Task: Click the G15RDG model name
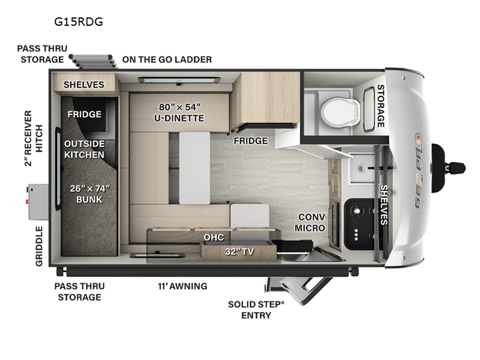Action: click(79, 22)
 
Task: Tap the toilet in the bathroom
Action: click(340, 112)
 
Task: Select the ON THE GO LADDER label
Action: click(167, 59)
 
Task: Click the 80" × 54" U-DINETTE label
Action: click(179, 112)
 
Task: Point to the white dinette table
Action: click(194, 168)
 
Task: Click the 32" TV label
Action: click(239, 251)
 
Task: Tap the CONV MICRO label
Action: click(310, 223)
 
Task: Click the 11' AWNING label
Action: click(182, 286)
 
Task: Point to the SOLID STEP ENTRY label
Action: click(256, 310)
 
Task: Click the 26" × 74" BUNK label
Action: click(89, 194)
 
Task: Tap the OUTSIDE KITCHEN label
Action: click(85, 149)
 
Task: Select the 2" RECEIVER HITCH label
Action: click(34, 139)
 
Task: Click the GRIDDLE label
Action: click(39, 246)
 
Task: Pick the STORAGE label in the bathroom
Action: click(380, 106)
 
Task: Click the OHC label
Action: click(214, 237)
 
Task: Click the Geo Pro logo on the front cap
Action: click(419, 171)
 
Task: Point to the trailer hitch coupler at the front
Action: click(457, 168)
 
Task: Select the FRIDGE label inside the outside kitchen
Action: click(85, 115)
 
